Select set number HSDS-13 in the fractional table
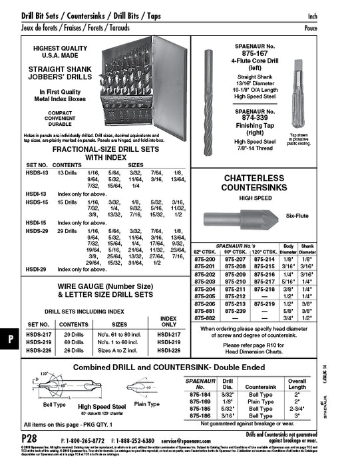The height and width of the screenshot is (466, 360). (36, 172)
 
